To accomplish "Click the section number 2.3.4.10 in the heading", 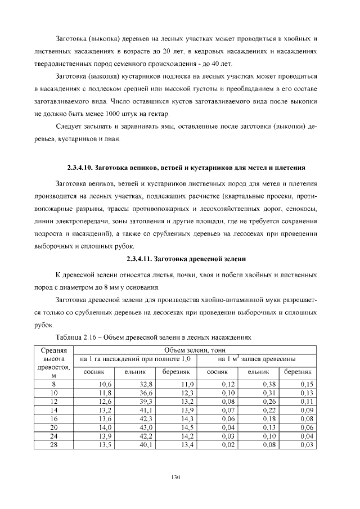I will (80, 168).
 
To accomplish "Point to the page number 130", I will (175, 477).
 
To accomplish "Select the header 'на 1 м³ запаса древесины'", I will (256, 359).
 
